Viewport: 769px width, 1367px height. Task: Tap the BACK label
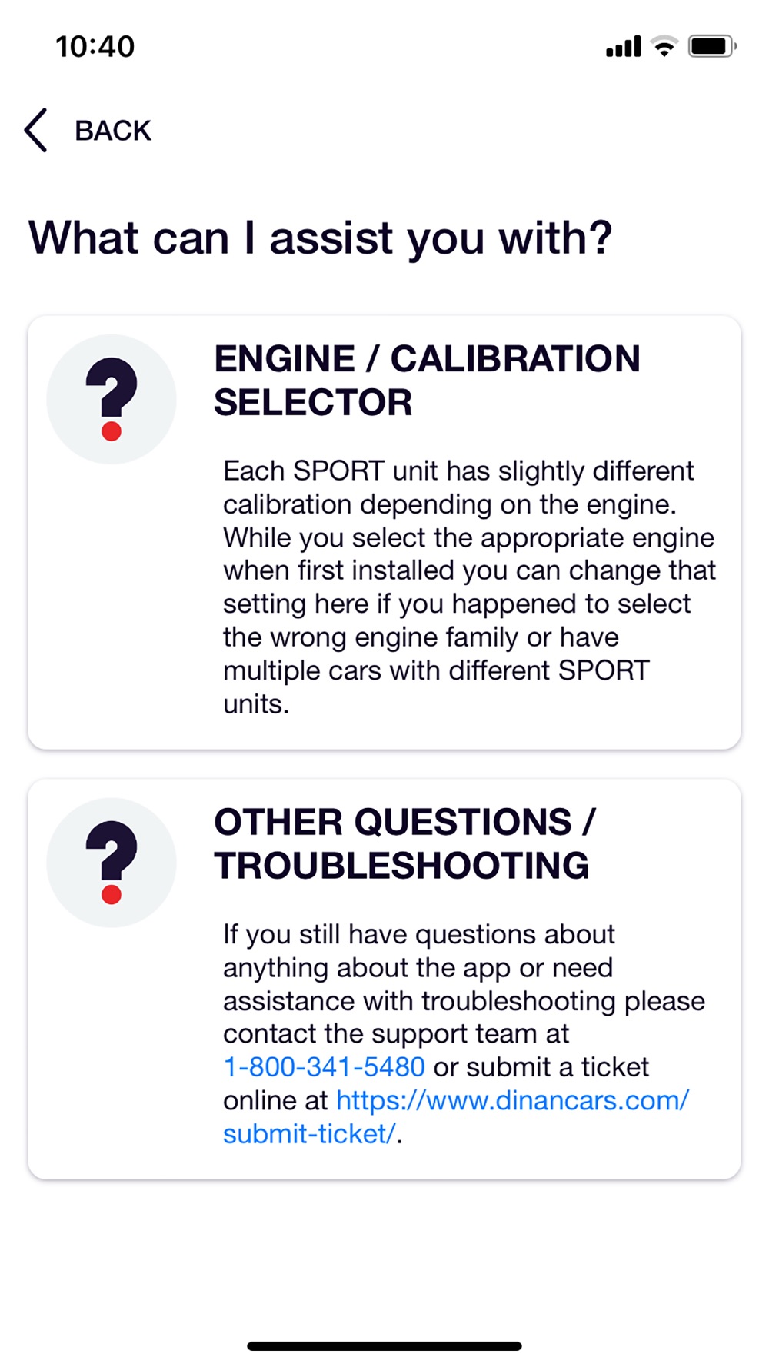click(113, 131)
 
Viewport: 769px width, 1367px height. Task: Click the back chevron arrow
click(35, 130)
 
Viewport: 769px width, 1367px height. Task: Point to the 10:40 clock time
click(95, 47)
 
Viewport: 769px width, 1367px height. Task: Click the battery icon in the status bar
click(713, 46)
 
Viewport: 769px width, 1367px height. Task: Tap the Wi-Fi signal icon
click(664, 46)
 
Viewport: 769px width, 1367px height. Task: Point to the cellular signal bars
click(624, 46)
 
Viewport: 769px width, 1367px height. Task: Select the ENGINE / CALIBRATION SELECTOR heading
click(427, 381)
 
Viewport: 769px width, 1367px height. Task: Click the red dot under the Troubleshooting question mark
click(112, 893)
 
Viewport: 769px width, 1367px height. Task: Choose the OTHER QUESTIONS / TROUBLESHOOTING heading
click(405, 843)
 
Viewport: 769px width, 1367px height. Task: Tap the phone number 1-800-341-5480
click(324, 1067)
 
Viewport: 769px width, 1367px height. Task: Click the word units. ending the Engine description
click(256, 704)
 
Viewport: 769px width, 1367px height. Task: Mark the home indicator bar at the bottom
click(384, 1346)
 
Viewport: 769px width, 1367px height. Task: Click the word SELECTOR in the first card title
click(313, 403)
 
